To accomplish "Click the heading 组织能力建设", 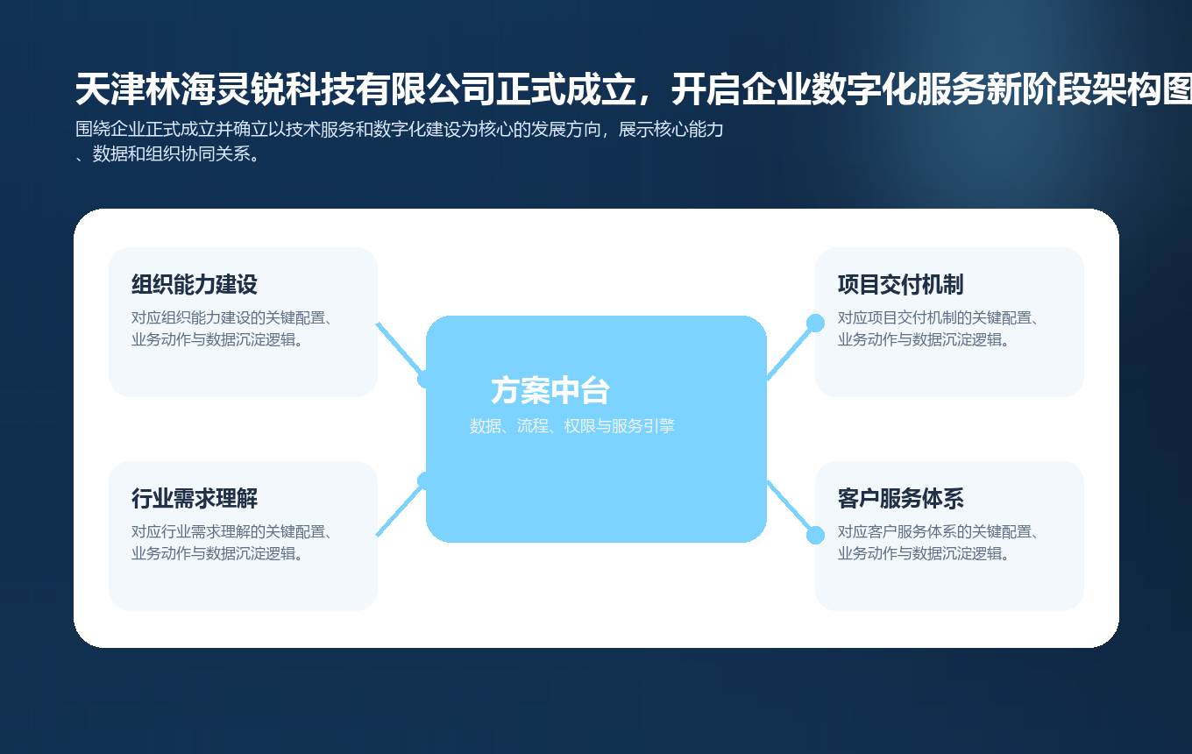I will point(195,285).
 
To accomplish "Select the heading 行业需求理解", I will point(195,499).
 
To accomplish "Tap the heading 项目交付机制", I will point(900,285).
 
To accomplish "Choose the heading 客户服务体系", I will point(900,499).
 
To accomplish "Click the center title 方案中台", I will point(550,391).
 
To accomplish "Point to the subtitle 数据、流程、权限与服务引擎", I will point(571,426).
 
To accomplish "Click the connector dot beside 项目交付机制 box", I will point(815,323).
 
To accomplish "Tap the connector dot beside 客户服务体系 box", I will point(815,535).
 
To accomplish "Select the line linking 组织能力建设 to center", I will point(399,348).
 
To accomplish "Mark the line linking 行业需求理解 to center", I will point(399,509).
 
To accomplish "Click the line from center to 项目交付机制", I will point(791,352).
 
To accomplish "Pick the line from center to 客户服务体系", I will point(791,508).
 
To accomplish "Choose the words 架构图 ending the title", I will point(1148,90).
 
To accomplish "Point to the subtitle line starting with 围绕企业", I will point(400,130).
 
